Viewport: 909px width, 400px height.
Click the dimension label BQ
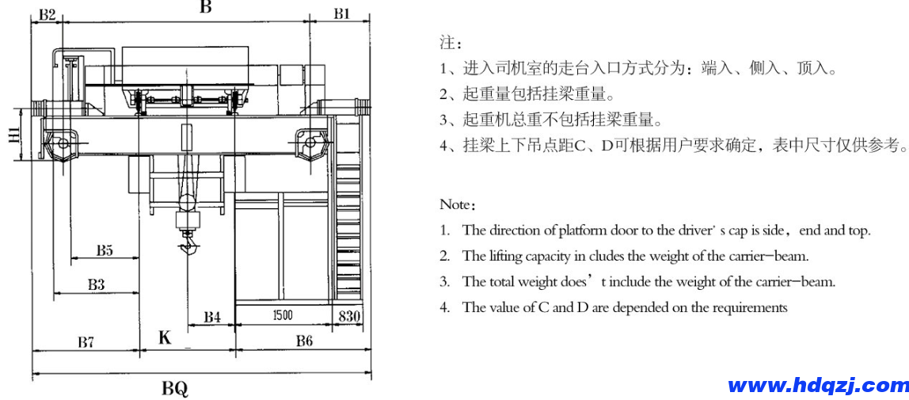(x=175, y=389)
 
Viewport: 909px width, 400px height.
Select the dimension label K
(x=165, y=338)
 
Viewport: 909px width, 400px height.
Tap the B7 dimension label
(x=86, y=342)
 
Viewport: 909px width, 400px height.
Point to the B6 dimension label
(x=304, y=341)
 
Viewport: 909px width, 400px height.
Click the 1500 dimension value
(x=282, y=315)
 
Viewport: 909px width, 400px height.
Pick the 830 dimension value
(x=349, y=316)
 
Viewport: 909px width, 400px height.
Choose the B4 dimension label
(x=211, y=317)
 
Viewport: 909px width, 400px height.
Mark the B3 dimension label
(x=97, y=284)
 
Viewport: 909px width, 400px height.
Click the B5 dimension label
(x=105, y=250)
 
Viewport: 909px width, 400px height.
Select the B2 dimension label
(x=47, y=14)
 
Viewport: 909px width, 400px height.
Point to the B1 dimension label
(x=341, y=13)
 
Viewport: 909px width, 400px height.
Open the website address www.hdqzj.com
(x=818, y=386)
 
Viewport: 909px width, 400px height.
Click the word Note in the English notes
(x=455, y=204)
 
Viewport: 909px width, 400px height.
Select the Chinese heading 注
(x=446, y=42)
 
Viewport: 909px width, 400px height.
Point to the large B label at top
(x=205, y=7)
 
